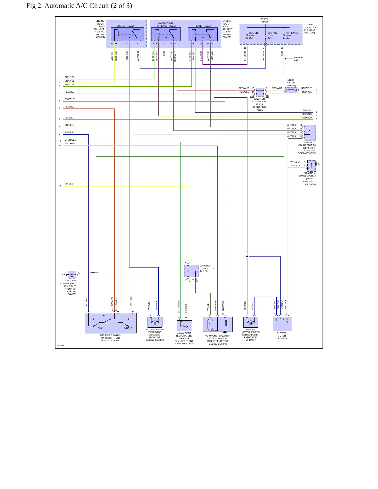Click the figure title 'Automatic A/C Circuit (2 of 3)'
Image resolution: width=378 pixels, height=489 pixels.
pyautogui.click(x=88, y=6)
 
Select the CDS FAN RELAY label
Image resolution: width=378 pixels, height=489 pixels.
pyautogui.click(x=125, y=26)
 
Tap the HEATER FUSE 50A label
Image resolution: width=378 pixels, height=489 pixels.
pyautogui.click(x=253, y=36)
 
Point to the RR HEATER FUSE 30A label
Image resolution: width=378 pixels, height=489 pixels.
pyautogui.click(x=292, y=36)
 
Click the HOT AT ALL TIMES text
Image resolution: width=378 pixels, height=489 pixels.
pyautogui.click(x=265, y=20)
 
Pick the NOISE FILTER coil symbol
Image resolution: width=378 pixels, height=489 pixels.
pyautogui.click(x=291, y=90)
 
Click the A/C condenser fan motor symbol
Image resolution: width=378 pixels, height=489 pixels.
pyautogui.click(x=155, y=322)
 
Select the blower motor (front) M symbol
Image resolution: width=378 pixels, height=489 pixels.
pyautogui.click(x=251, y=322)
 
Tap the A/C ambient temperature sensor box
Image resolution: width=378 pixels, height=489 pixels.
pyautogui.click(x=184, y=326)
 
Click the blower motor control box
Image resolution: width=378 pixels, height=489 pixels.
pyautogui.click(x=282, y=324)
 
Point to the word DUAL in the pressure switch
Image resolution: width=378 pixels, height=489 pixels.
pyautogui.click(x=101, y=328)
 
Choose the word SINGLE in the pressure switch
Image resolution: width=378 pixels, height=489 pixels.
pyautogui.click(x=128, y=328)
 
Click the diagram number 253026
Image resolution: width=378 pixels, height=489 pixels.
pyautogui.click(x=61, y=345)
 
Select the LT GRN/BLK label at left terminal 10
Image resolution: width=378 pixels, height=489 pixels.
pyautogui.click(x=71, y=140)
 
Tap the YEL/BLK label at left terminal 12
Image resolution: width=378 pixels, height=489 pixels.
pyautogui.click(x=69, y=184)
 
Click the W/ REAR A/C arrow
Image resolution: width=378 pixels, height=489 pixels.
pyautogui.click(x=289, y=59)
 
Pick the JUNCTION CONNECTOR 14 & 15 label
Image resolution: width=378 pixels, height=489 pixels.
pyautogui.click(x=207, y=269)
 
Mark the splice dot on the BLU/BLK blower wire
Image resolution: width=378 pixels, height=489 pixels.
pyautogui.click(x=247, y=256)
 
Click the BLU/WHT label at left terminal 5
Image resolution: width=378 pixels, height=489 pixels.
pyautogui.click(x=70, y=99)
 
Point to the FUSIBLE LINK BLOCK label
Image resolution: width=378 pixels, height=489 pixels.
pyautogui.click(x=310, y=29)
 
